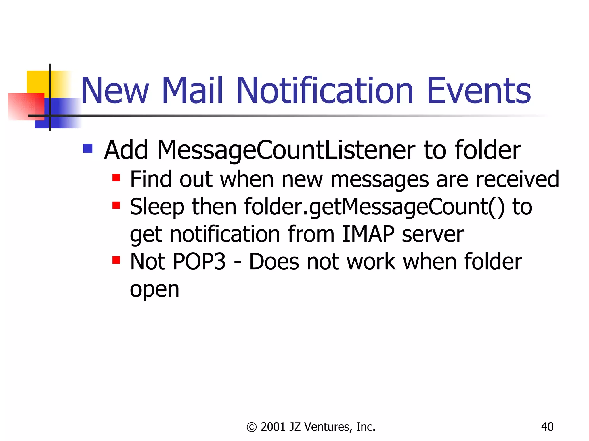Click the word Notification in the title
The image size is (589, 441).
pyautogui.click(x=325, y=91)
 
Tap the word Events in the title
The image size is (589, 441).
pyautogui.click(x=479, y=91)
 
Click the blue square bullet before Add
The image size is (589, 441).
pyautogui.click(x=88, y=148)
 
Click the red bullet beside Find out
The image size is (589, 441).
pyautogui.click(x=116, y=178)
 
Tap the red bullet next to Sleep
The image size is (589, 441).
pyautogui.click(x=116, y=205)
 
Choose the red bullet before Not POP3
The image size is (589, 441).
pyautogui.click(x=116, y=260)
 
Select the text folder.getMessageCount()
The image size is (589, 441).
pyautogui.click(x=374, y=207)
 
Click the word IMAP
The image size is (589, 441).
pyautogui.click(x=368, y=234)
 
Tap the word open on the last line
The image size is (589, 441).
pyautogui.click(x=154, y=289)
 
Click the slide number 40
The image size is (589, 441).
pyautogui.click(x=547, y=427)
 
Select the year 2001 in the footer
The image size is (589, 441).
pyautogui.click(x=273, y=427)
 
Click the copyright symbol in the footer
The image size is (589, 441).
pyautogui.click(x=251, y=427)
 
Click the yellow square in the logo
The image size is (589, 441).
pyautogui.click(x=37, y=82)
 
